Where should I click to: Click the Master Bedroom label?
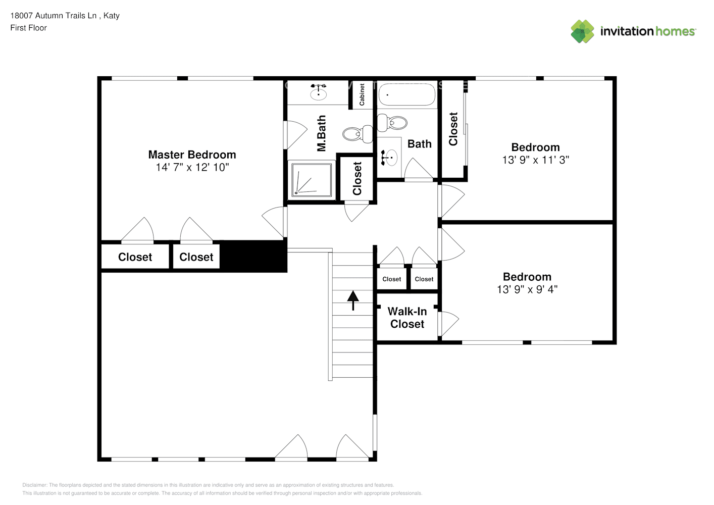[x=192, y=155]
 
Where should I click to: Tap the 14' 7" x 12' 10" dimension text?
[x=192, y=168]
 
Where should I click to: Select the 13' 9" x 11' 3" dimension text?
[x=535, y=160]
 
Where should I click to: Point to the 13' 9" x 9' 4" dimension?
[x=527, y=289]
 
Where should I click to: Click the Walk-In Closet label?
[x=407, y=318]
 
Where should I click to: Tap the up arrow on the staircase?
[x=352, y=300]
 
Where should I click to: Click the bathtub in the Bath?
[x=406, y=94]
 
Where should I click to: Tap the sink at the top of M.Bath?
[x=318, y=92]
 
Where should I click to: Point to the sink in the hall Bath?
[x=389, y=158]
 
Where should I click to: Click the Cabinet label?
[x=362, y=95]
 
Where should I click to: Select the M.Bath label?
[x=321, y=133]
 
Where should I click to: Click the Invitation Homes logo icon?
[x=582, y=31]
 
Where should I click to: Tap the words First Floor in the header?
[x=28, y=28]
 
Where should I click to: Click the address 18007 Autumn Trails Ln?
[x=54, y=16]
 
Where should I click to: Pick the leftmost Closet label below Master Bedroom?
[x=135, y=257]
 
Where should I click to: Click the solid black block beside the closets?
[x=254, y=256]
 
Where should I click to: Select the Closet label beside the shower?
[x=357, y=178]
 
